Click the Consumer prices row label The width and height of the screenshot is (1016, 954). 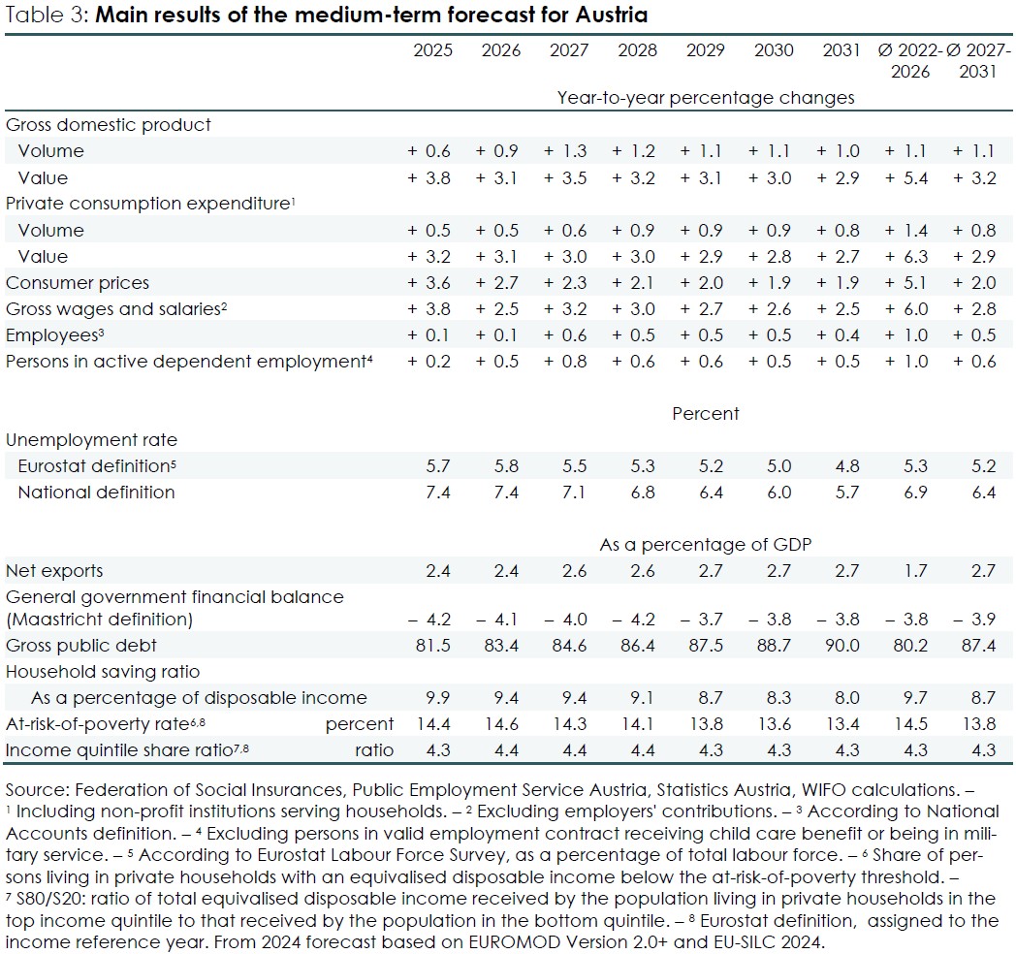(78, 283)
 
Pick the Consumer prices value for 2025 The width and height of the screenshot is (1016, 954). (432, 283)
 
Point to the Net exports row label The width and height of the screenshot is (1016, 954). (54, 571)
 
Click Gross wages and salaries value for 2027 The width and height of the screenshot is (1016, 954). (568, 309)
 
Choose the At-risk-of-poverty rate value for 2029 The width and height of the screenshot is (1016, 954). (705, 724)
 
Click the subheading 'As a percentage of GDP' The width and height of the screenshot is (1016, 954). (705, 545)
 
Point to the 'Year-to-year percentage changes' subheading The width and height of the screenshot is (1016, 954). (706, 97)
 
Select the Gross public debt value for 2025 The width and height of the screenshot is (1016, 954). (432, 645)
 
